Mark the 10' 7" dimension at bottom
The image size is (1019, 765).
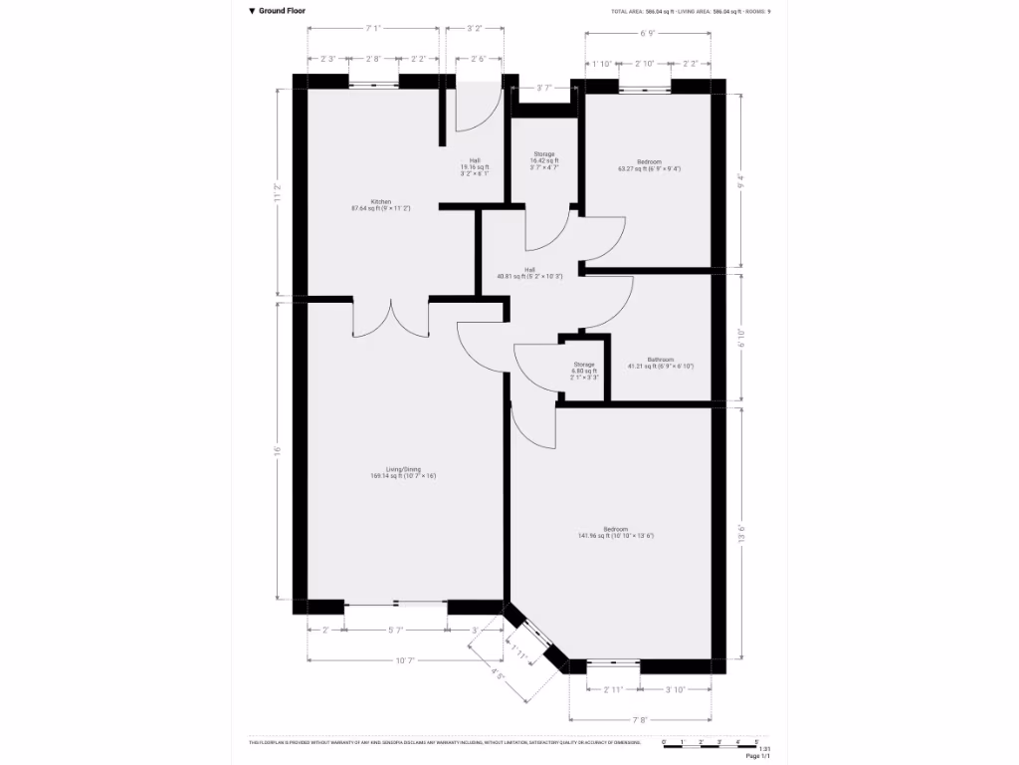click(x=404, y=660)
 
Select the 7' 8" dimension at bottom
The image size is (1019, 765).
click(x=640, y=720)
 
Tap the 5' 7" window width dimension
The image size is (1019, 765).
click(x=395, y=630)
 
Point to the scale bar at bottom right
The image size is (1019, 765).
click(x=712, y=743)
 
